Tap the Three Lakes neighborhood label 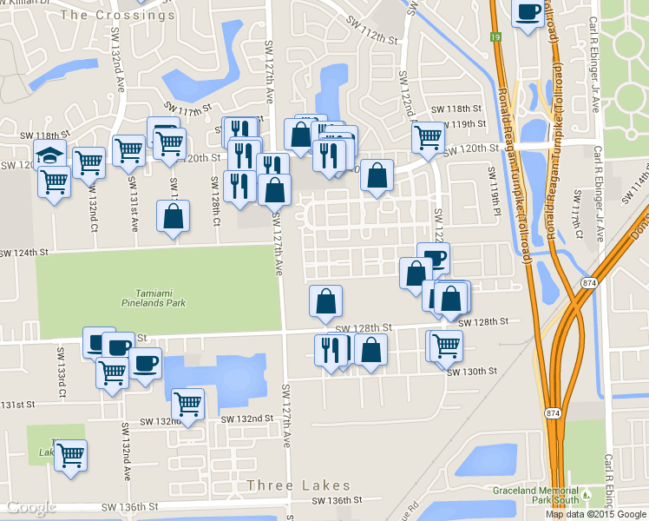298,485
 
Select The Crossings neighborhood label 118,15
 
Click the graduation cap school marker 50,157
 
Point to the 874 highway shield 589,283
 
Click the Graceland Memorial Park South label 534,495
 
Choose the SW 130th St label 472,371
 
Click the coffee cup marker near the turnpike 528,13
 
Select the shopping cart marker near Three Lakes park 70,454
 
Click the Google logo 31,507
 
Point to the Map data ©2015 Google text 596,514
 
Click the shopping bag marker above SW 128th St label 326,301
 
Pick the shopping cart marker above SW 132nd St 187,403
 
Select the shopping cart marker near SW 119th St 429,136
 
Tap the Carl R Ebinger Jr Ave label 595,65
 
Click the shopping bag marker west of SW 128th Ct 174,217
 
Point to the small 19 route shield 495,37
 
